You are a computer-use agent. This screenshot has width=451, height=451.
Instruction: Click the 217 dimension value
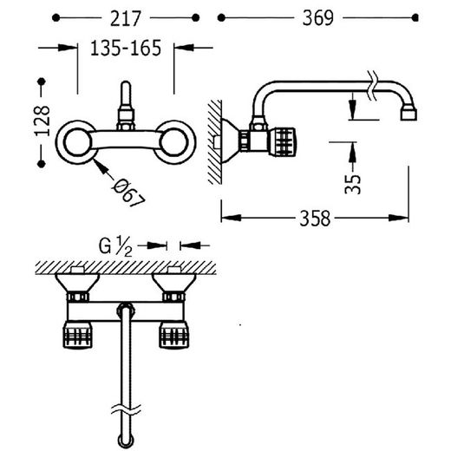pyautogui.click(x=126, y=18)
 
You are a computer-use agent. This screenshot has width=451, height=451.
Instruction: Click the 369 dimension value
pyautogui.click(x=318, y=18)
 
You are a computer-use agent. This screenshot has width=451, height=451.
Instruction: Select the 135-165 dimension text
pyautogui.click(x=126, y=48)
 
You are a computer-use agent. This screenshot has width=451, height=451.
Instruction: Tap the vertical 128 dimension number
pyautogui.click(x=42, y=121)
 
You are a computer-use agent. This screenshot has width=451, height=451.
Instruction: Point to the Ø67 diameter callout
pyautogui.click(x=128, y=192)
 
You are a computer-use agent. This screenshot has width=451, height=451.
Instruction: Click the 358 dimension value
pyautogui.click(x=315, y=219)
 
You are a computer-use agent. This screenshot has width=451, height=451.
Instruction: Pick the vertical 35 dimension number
pyautogui.click(x=353, y=184)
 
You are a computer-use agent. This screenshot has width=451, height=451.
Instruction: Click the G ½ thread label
pyautogui.click(x=115, y=246)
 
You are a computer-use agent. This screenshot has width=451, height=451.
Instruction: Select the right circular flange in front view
pyautogui.click(x=174, y=142)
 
